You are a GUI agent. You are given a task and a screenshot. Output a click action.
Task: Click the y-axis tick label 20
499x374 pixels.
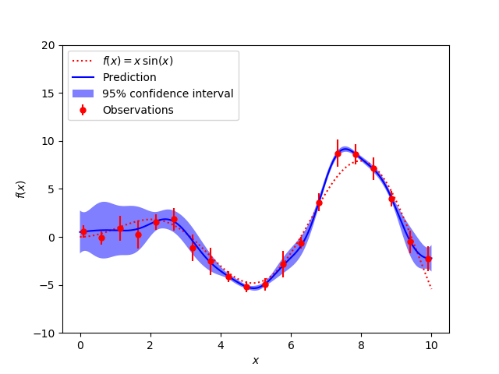point(48,45)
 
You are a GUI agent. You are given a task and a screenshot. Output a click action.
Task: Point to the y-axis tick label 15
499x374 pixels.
point(48,93)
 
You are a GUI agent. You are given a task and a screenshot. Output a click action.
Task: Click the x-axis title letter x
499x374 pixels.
point(255,361)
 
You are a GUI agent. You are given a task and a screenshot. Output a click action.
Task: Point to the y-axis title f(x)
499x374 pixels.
point(21,189)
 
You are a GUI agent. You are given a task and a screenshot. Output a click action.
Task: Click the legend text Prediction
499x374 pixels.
point(129,78)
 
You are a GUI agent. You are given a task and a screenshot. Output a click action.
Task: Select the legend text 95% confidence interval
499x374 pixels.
point(168,94)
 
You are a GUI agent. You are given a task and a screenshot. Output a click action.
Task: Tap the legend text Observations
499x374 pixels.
point(138,111)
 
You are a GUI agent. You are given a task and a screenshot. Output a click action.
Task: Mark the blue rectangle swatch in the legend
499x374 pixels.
point(83,94)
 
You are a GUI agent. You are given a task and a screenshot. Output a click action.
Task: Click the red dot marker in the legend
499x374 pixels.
point(83,111)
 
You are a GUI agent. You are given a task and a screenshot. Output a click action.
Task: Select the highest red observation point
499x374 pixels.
point(338,153)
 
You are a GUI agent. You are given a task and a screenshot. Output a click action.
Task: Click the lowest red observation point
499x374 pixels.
point(246,287)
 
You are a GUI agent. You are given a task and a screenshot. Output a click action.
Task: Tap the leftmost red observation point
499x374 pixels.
point(83,231)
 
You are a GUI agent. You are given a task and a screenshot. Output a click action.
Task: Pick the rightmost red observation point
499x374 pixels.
point(428,259)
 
